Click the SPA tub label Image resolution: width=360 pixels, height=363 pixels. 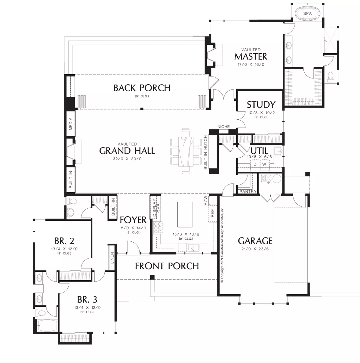pos(307,13)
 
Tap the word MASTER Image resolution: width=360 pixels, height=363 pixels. pos(251,57)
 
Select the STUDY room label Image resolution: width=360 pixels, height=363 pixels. pos(261,105)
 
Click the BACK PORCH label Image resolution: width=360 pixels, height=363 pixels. pos(142,88)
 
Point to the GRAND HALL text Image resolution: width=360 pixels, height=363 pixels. pos(127,151)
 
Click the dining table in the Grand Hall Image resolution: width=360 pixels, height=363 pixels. pos(186,151)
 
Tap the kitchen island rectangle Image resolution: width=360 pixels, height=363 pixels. pos(185,215)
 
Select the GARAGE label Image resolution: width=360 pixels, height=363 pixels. pos(255,241)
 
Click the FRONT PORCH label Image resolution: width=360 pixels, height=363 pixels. pos(167,266)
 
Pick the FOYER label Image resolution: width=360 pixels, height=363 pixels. pos(133,220)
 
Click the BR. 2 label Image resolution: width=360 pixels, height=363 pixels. pos(64,241)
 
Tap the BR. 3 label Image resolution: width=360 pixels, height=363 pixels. pos(87,300)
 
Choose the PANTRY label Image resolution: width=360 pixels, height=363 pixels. pos(248,191)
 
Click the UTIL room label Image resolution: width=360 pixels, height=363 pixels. pos(259,151)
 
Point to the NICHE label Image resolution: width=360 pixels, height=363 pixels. pos(224,127)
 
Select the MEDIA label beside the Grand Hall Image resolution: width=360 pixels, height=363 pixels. pos(71,124)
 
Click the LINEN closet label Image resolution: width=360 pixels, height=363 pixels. pos(112,258)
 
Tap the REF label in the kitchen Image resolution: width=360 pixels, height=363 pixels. pos(212,213)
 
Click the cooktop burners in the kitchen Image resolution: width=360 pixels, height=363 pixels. pos(158,228)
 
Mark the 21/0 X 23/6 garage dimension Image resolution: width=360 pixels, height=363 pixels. pos(255,249)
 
